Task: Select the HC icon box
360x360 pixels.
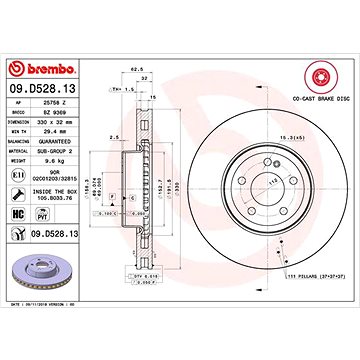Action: click(17, 216)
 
